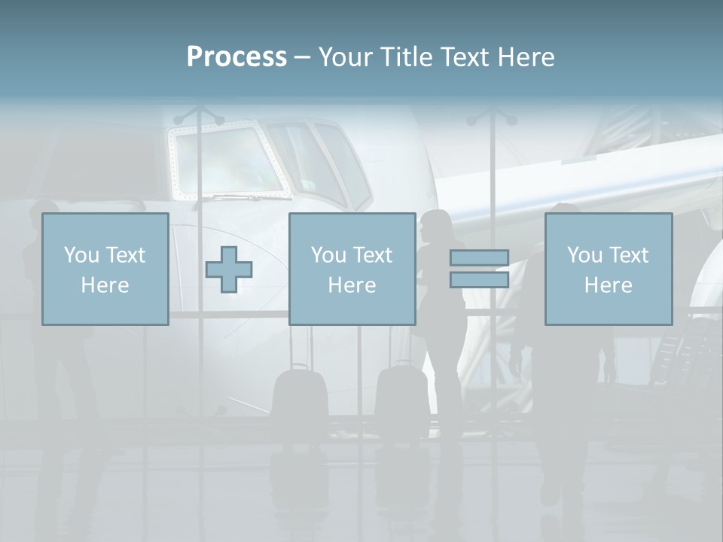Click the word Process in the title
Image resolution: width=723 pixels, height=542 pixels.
pos(236,57)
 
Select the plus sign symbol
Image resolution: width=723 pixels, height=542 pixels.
pos(229,269)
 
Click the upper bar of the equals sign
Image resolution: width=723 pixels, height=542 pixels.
pos(479,258)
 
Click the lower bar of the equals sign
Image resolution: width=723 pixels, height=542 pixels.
pos(479,280)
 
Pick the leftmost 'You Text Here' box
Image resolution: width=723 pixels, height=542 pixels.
pos(105,269)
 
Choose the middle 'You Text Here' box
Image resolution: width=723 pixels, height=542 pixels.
pos(352,269)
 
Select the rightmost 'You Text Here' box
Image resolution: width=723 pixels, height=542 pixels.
pos(608,269)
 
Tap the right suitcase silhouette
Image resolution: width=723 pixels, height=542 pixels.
pos(399,391)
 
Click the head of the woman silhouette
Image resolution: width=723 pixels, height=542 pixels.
pos(436,224)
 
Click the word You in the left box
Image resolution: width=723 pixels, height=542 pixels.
pos(81,255)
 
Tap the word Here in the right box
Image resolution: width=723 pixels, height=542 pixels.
pos(608,285)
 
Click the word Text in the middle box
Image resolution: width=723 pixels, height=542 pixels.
pos(372,255)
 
